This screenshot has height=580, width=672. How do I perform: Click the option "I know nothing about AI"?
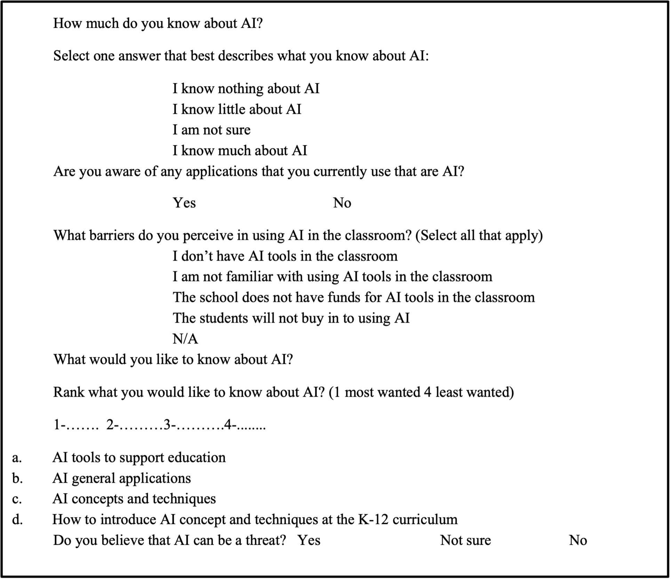(x=246, y=89)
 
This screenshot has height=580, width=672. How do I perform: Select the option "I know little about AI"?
(x=237, y=109)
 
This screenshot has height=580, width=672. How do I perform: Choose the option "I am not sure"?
(x=211, y=130)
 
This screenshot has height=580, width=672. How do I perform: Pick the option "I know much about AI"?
(x=240, y=151)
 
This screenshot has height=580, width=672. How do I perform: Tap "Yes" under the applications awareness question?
(x=184, y=202)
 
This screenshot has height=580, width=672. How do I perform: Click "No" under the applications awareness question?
(x=342, y=202)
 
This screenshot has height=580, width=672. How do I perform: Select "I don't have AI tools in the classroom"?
(x=285, y=256)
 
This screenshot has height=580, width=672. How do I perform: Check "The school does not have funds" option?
(x=353, y=297)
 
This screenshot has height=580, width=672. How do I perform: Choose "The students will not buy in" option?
(x=291, y=318)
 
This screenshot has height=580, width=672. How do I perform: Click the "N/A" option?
(x=185, y=339)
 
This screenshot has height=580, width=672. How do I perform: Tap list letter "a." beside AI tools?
(x=17, y=458)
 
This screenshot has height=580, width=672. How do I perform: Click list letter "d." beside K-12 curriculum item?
(x=17, y=520)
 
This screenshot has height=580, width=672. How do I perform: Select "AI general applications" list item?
(x=121, y=478)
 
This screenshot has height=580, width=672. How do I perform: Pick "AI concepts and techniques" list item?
(x=134, y=499)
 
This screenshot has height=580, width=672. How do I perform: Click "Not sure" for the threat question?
(x=465, y=540)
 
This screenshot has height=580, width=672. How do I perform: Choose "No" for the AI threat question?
(x=577, y=540)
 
